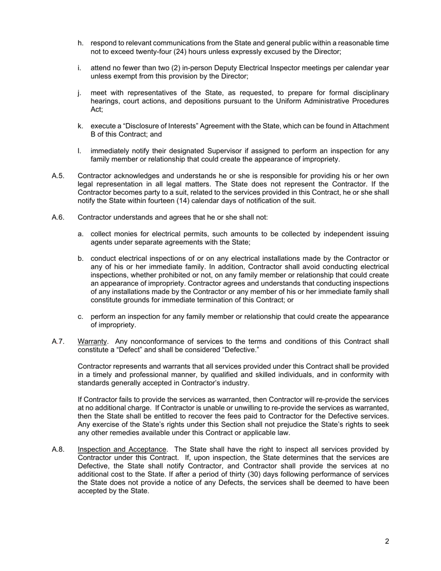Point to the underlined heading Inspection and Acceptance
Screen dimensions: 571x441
tap(122, 449)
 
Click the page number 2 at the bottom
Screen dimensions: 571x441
tap(387, 541)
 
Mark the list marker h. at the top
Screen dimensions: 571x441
tap(81, 43)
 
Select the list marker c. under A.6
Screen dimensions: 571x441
tap(81, 317)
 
